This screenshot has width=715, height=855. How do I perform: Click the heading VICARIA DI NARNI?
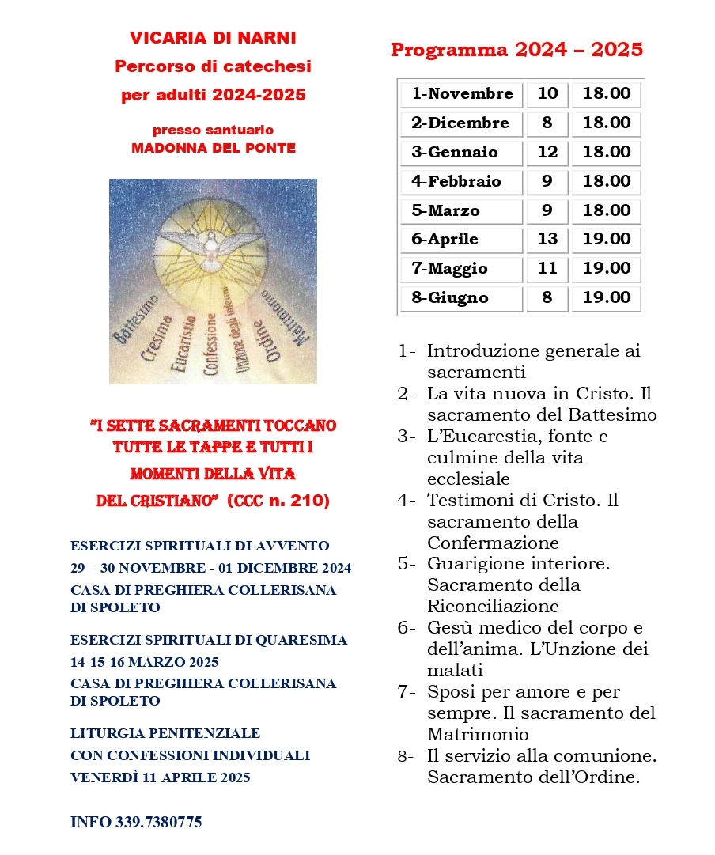pos(213,38)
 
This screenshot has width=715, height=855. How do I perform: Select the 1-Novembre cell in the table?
pos(462,94)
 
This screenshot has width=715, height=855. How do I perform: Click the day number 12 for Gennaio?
pos(547,153)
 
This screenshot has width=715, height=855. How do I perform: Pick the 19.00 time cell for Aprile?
pos(607,240)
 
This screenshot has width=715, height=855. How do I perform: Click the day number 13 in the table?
pos(547,240)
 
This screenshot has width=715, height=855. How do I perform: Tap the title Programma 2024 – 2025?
pos(516,51)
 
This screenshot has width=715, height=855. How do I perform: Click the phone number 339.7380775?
pos(158,822)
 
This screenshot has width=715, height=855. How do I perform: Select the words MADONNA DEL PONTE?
pos(213,148)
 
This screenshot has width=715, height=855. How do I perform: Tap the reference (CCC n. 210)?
pos(278,501)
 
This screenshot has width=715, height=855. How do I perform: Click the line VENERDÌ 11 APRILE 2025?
pos(161,777)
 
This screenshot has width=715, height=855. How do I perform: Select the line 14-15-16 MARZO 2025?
pos(145,661)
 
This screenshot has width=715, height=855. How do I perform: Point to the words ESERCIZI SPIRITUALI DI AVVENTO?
pos(200,546)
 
